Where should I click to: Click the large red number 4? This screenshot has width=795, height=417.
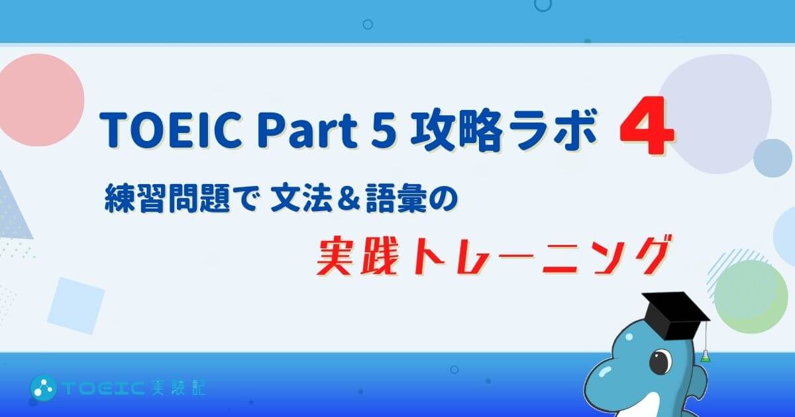pos(647,126)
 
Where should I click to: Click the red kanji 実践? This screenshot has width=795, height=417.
pos(356,256)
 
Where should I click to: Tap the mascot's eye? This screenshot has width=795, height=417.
pos(661,361)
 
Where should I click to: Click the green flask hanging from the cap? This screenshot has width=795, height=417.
pos(706,356)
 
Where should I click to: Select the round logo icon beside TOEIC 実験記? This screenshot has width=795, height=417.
pos(43,388)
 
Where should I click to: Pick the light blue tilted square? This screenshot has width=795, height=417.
pos(76,306)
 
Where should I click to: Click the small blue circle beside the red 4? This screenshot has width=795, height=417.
pos(772,158)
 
